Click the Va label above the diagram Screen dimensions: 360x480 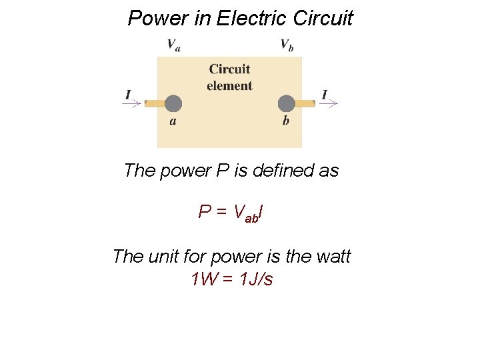[x=173, y=45]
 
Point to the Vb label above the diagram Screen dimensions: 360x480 [x=287, y=45]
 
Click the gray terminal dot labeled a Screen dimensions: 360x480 [x=173, y=103]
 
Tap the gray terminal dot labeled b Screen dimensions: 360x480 [x=287, y=103]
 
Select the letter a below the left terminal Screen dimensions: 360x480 [x=173, y=121]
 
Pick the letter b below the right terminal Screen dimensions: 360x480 [x=286, y=121]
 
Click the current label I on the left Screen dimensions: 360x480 [x=128, y=95]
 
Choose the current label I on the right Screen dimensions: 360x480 [x=325, y=95]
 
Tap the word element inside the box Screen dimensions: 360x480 [x=229, y=86]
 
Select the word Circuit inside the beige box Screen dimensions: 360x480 [x=229, y=69]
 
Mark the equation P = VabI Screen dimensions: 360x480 [x=230, y=213]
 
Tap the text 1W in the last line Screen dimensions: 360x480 [x=205, y=279]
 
